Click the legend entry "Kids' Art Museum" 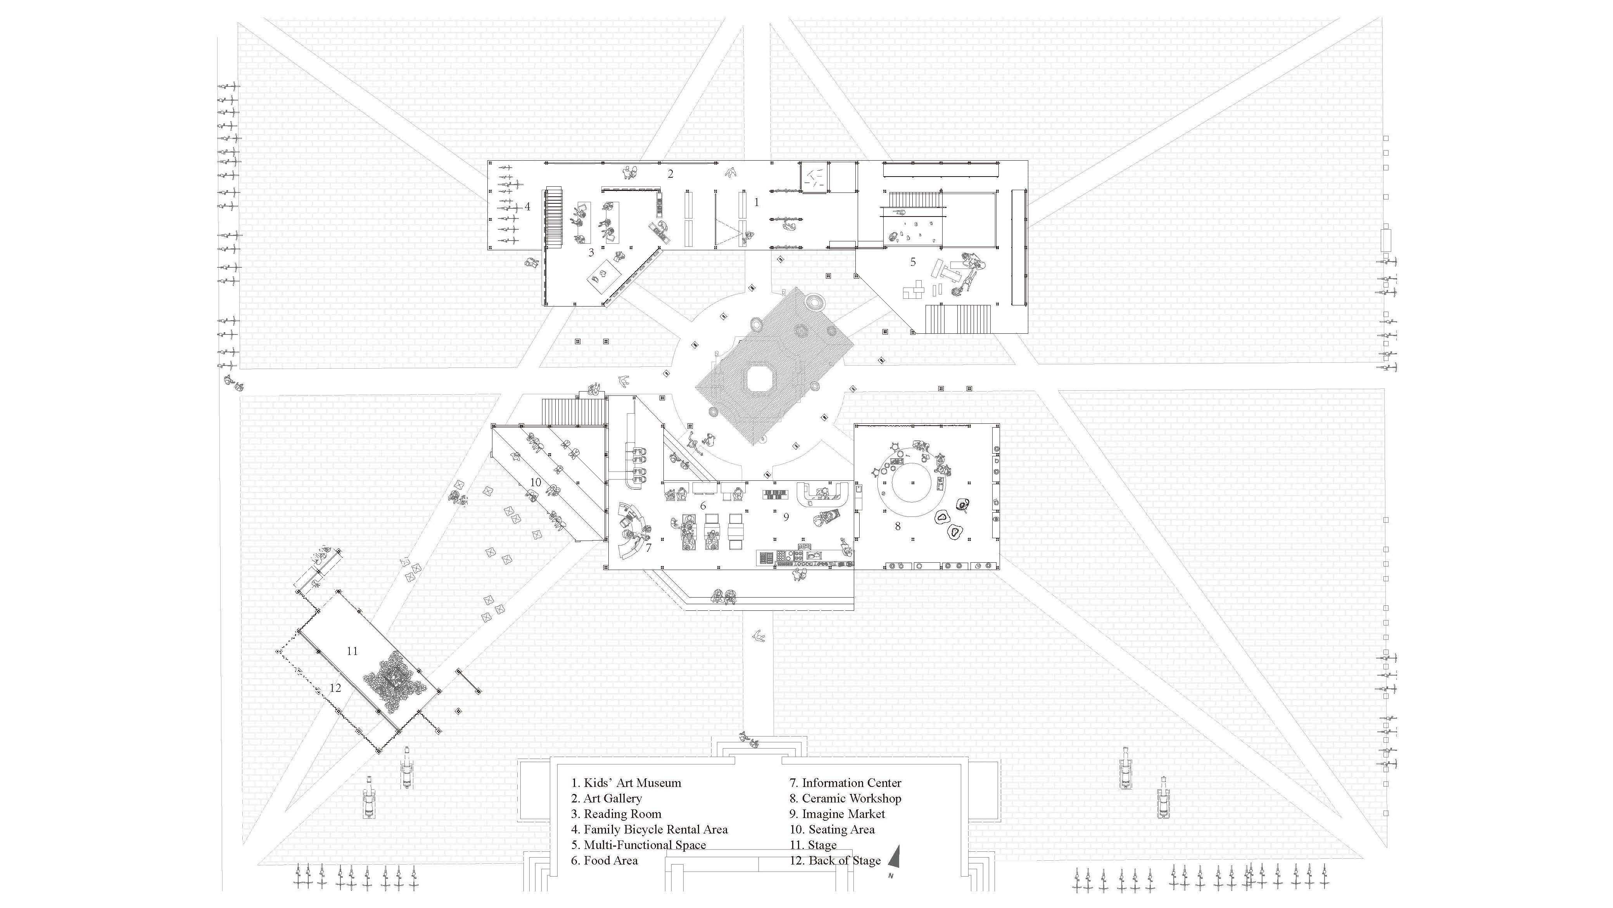625,783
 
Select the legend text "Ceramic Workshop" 845,798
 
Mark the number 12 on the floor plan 335,688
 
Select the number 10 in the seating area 535,482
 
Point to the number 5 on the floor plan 913,262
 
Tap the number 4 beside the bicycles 527,206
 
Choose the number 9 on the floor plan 786,518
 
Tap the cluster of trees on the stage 394,683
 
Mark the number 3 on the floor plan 591,253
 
